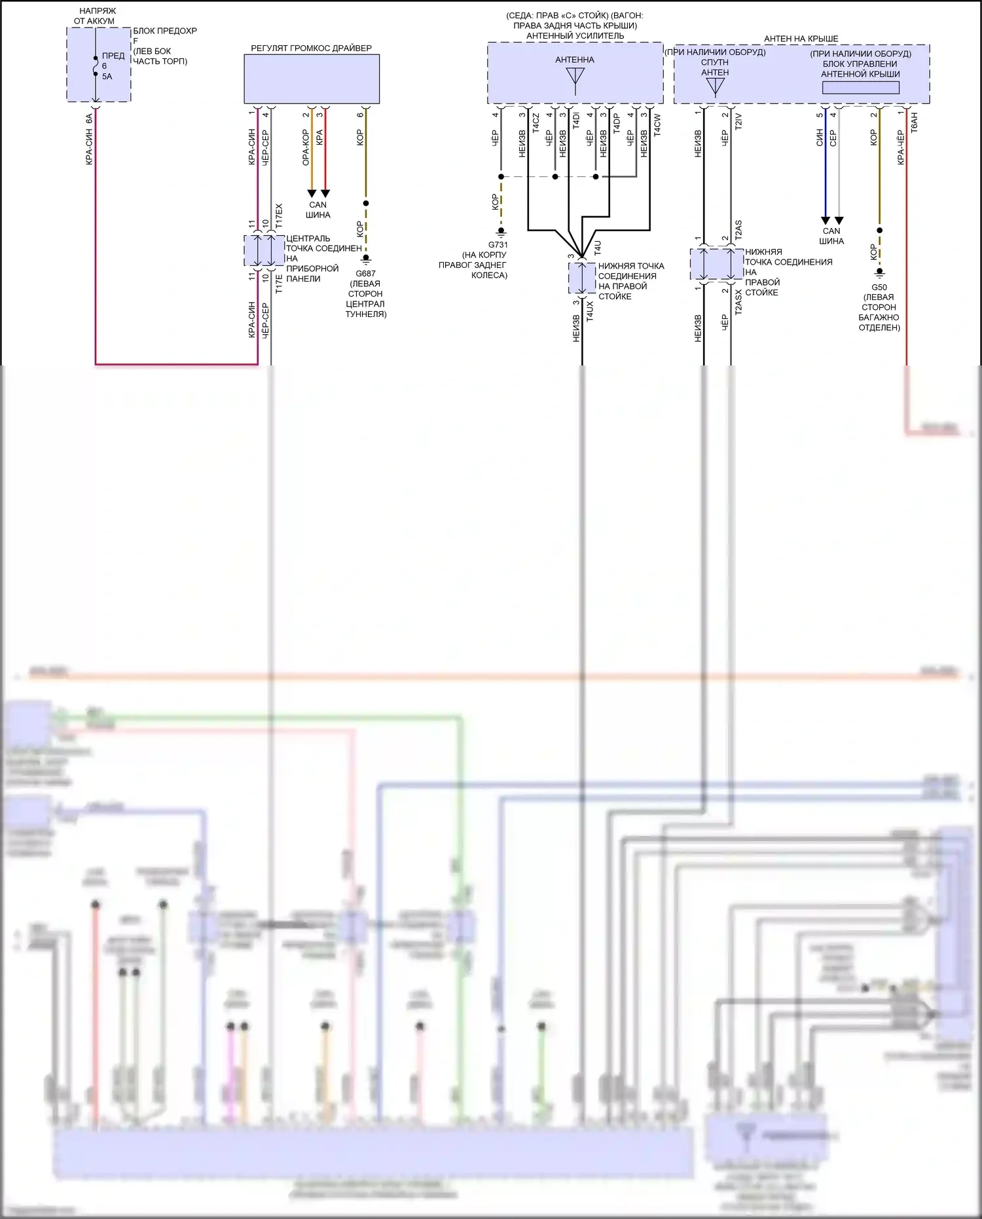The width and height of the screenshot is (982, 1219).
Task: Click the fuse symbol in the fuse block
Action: (96, 66)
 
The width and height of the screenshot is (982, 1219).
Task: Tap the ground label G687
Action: (365, 274)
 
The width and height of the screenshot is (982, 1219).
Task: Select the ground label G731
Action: (498, 245)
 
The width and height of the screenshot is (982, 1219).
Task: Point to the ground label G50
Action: (879, 288)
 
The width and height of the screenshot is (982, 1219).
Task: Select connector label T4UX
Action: (590, 311)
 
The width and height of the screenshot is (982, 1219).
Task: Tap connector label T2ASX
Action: (738, 303)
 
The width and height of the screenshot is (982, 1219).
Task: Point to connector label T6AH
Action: (915, 123)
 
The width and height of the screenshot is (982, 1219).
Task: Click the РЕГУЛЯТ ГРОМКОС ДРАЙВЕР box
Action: (312, 79)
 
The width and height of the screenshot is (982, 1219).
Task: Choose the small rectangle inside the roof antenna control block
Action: (860, 87)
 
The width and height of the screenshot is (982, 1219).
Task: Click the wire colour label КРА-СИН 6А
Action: (90, 139)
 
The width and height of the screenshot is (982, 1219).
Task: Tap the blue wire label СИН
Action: (820, 137)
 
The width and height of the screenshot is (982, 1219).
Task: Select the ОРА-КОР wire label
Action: (306, 147)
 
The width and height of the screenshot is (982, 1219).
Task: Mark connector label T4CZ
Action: (536, 124)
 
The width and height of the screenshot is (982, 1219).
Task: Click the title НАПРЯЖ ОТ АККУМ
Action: (96, 16)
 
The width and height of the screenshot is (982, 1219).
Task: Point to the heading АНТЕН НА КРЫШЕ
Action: (801, 39)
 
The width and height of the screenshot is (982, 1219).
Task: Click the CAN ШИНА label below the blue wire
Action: (831, 236)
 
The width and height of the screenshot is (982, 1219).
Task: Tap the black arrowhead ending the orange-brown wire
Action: (312, 193)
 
